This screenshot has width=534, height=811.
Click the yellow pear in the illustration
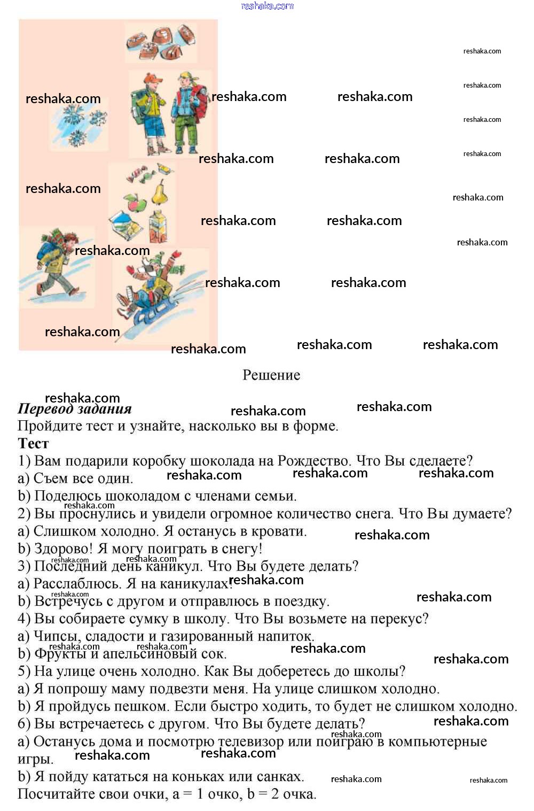coord(160,191)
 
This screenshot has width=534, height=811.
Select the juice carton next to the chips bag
coord(158,227)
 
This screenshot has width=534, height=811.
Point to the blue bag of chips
coord(125,225)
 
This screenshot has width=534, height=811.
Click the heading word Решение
coord(271,375)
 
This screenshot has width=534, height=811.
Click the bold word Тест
coord(33,444)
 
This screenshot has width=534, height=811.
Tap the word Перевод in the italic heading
coord(45,410)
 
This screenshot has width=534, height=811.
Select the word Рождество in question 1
coord(314,461)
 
